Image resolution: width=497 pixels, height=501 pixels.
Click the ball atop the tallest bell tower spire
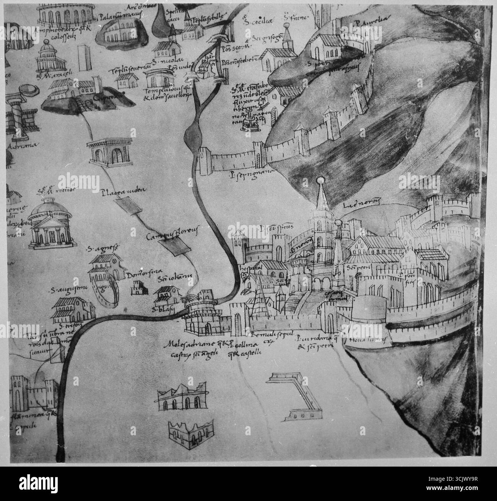click(x=320, y=179)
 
